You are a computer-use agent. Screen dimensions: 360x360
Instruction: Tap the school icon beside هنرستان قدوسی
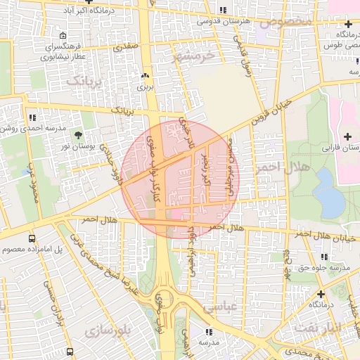(223, 10)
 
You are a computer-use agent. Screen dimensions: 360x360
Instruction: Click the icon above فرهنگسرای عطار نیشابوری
(64, 36)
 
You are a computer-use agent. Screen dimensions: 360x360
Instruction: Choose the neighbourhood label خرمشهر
(191, 57)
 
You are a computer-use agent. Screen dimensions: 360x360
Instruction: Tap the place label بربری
(145, 88)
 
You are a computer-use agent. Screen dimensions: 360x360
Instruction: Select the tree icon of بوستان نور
(77, 134)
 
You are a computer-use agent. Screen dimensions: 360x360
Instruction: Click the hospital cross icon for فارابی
(347, 136)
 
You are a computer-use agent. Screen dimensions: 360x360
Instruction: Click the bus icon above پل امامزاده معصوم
(32, 238)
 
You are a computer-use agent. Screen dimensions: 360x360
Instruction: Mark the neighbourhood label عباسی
(218, 307)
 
